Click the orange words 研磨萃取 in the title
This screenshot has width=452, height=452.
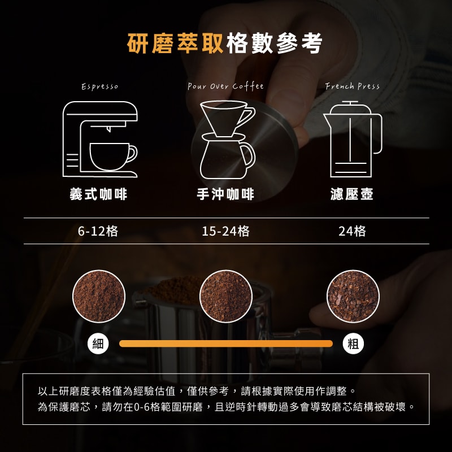tap(175, 44)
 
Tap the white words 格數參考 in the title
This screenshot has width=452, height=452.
tap(275, 44)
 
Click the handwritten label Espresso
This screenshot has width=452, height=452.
tap(100, 86)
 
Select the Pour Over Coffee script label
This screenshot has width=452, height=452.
tap(225, 86)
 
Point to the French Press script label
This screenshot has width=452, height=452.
tap(352, 86)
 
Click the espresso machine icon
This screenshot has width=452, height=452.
tap(100, 139)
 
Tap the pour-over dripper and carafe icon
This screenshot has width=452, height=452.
tap(228, 140)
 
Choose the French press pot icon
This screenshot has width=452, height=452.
tap(353, 139)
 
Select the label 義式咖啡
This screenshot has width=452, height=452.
tap(98, 194)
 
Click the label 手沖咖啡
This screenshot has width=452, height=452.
tap(225, 194)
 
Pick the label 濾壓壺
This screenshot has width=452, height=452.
tap(352, 194)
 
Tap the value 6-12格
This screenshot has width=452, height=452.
tap(98, 231)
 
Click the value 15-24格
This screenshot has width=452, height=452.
tap(225, 231)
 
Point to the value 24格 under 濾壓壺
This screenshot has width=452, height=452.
tap(352, 231)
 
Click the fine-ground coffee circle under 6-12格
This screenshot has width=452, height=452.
tap(98, 296)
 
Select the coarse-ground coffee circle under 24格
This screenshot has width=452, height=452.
tap(353, 296)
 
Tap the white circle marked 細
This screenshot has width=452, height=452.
tap(98, 344)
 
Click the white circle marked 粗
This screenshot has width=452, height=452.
tap(353, 344)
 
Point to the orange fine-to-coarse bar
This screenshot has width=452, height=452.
tap(225, 344)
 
